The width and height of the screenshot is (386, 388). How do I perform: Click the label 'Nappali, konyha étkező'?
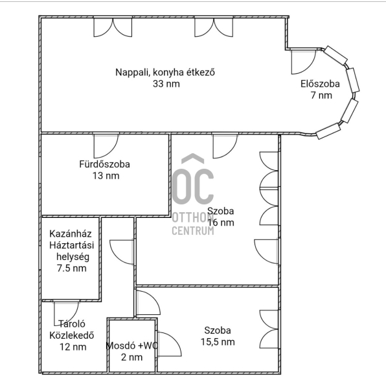(165, 72)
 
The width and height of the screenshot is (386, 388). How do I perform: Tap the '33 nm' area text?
(166, 84)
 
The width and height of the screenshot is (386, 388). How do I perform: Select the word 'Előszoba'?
(320, 84)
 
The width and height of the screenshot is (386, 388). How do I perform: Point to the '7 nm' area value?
(321, 95)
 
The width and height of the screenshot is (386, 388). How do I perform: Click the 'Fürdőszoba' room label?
(104, 164)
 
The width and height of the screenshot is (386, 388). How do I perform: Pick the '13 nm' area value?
(106, 176)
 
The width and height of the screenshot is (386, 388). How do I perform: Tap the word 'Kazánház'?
(71, 234)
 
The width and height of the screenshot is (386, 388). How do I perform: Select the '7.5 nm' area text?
(72, 268)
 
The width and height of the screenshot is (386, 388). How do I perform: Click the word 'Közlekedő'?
(72, 336)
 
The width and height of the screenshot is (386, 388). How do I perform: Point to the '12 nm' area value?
(73, 347)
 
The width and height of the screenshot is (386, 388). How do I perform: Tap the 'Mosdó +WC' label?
(131, 346)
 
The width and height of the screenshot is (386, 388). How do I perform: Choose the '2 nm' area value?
(131, 357)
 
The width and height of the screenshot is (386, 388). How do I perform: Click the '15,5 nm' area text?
(218, 342)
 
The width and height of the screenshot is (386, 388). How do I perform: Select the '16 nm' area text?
(220, 222)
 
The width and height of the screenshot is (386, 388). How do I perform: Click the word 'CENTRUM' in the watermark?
(193, 231)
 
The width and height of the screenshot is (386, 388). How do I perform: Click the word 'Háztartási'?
(72, 245)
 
